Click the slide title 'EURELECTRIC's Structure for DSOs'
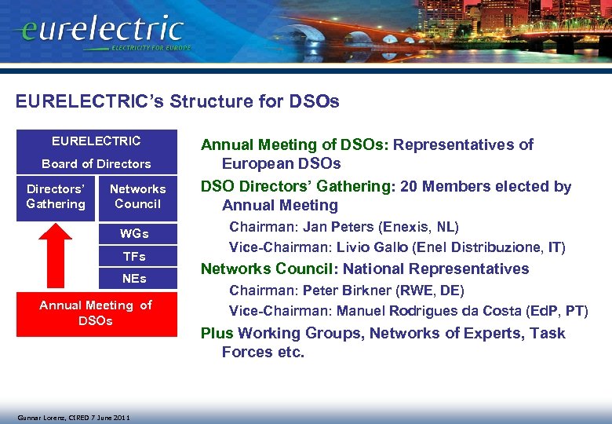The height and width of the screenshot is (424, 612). click(177, 102)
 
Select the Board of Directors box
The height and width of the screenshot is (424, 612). click(97, 163)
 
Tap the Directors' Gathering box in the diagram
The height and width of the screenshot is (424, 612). click(55, 196)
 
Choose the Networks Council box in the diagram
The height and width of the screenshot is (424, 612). click(137, 196)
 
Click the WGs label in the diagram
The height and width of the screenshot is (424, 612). click(133, 234)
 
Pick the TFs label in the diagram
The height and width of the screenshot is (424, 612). click(133, 257)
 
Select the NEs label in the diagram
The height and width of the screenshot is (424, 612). click(133, 279)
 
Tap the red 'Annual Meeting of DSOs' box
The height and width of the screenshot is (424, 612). click(97, 313)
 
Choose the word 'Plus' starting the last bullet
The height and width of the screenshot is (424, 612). click(217, 334)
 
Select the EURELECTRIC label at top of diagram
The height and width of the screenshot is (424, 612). click(97, 141)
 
